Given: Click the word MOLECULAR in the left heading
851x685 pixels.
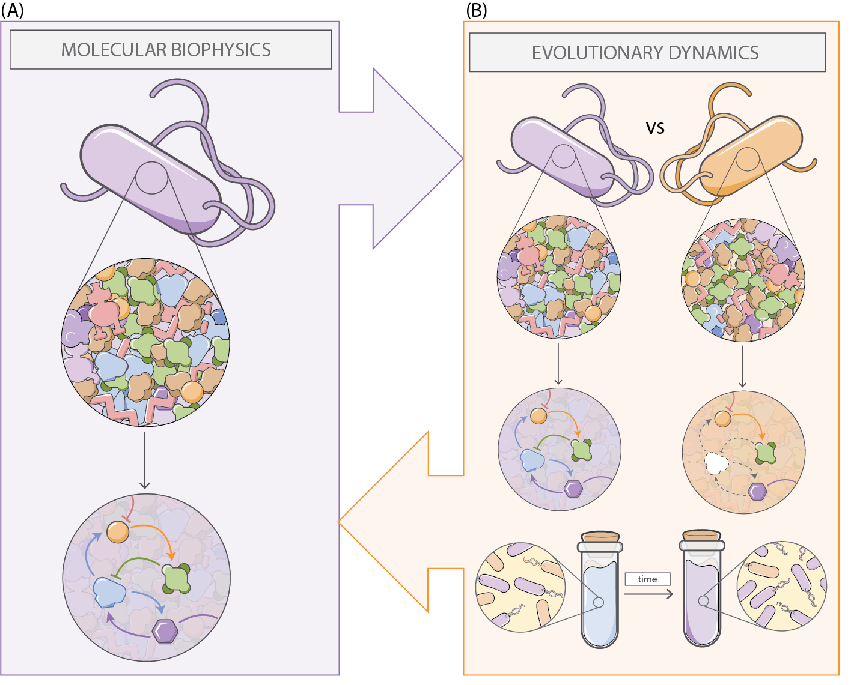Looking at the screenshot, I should point(106,50).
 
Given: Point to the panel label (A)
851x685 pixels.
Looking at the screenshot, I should point(12,10).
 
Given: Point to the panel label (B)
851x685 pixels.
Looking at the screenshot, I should point(477,10).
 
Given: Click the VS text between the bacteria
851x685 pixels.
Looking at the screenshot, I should point(655,128).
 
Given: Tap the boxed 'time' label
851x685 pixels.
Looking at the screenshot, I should point(647,579).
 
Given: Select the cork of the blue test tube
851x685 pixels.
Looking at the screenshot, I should point(600,536).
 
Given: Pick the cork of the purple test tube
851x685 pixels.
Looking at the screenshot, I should point(702,535).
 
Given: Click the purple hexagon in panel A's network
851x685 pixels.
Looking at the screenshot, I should point(165,631).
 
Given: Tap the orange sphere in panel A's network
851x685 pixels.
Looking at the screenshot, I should point(118,532).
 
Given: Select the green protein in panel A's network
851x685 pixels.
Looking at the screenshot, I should point(177,579).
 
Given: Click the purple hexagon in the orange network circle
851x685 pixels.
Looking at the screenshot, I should point(758,492).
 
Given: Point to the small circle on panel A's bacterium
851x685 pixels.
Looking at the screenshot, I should point(151,178).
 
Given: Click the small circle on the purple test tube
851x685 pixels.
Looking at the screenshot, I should point(704,600).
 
